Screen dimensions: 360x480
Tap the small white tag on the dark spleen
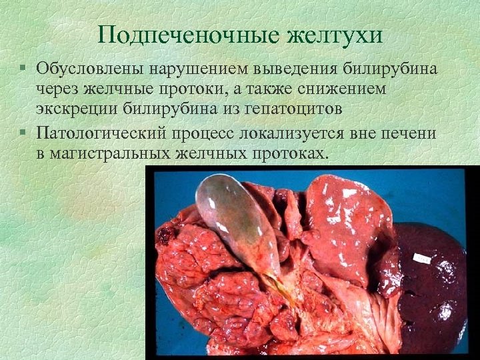click(x=421, y=257)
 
